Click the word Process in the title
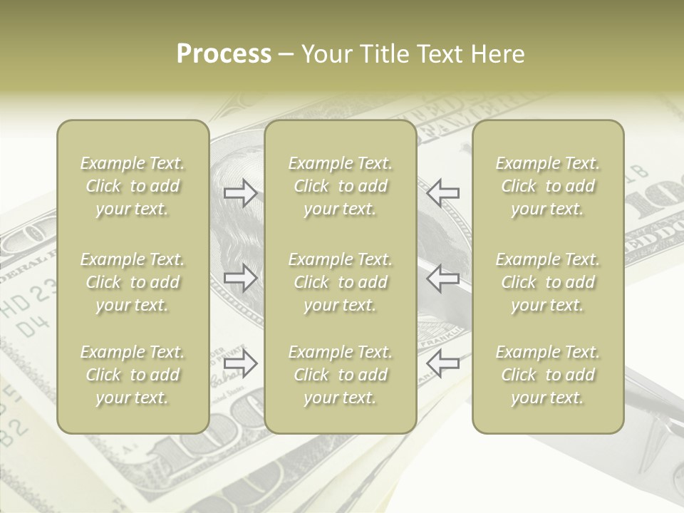pyautogui.click(x=224, y=54)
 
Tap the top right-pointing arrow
pyautogui.click(x=241, y=193)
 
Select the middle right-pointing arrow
pyautogui.click(x=241, y=277)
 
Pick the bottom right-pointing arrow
pyautogui.click(x=241, y=363)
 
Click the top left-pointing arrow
pyautogui.click(x=443, y=192)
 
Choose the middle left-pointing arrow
pyautogui.click(x=443, y=277)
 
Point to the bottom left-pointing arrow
pyautogui.click(x=443, y=363)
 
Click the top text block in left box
pyautogui.click(x=133, y=186)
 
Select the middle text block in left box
pyautogui.click(x=133, y=282)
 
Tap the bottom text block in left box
pyautogui.click(x=133, y=375)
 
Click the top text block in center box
pyautogui.click(x=340, y=186)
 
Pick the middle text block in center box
pyautogui.click(x=340, y=282)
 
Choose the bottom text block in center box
pyautogui.click(x=340, y=375)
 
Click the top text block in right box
pyautogui.click(x=547, y=186)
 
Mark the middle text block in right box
pyautogui.click(x=547, y=282)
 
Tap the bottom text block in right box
pyautogui.click(x=547, y=375)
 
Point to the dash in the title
pyautogui.click(x=286, y=55)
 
